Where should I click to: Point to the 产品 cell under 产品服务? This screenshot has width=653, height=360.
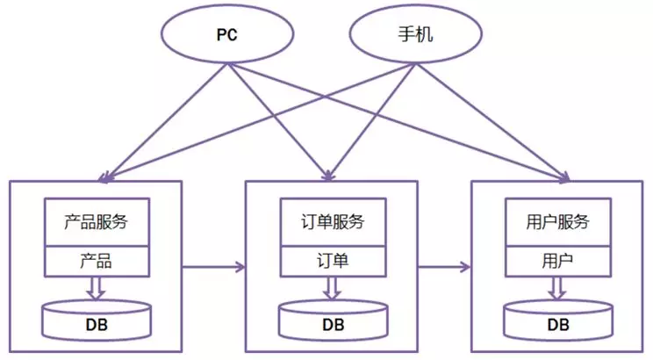pyautogui.click(x=97, y=261)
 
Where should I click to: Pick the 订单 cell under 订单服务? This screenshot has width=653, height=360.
pyautogui.click(x=333, y=261)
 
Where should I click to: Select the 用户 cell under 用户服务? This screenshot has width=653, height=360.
pyautogui.click(x=558, y=261)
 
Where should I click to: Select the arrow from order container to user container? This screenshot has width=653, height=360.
pyautogui.click(x=446, y=264)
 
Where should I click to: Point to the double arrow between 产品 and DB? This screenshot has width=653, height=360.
pyautogui.click(x=97, y=288)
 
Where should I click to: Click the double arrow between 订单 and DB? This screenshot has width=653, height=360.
pyautogui.click(x=333, y=288)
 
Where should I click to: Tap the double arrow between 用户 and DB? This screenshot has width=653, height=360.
pyautogui.click(x=558, y=288)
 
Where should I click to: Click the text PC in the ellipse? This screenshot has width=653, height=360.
pyautogui.click(x=227, y=37)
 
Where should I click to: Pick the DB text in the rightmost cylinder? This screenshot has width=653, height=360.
pyautogui.click(x=558, y=325)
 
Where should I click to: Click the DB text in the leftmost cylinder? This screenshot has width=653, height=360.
pyautogui.click(x=97, y=325)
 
